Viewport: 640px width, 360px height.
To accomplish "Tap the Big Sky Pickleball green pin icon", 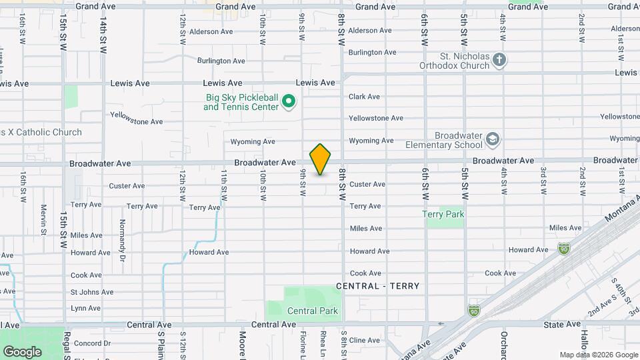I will (289, 102).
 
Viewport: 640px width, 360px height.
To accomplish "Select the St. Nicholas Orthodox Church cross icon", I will (499, 61).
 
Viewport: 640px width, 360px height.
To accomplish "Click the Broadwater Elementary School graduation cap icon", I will (493, 139).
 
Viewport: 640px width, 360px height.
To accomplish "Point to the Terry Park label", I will (443, 214).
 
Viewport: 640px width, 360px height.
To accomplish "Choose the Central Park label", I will (313, 311).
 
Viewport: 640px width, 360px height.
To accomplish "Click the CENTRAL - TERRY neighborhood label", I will (378, 286).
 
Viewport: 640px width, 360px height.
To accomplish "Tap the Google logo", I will (22, 351).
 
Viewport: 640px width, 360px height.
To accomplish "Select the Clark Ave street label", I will (364, 97).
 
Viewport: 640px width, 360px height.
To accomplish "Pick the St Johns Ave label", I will (92, 292).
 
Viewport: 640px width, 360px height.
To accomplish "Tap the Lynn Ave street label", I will (85, 308).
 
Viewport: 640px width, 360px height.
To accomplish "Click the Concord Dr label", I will (87, 343).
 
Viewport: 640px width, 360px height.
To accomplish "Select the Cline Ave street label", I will (365, 340).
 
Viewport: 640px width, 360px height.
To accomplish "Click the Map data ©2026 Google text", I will (597, 355).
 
